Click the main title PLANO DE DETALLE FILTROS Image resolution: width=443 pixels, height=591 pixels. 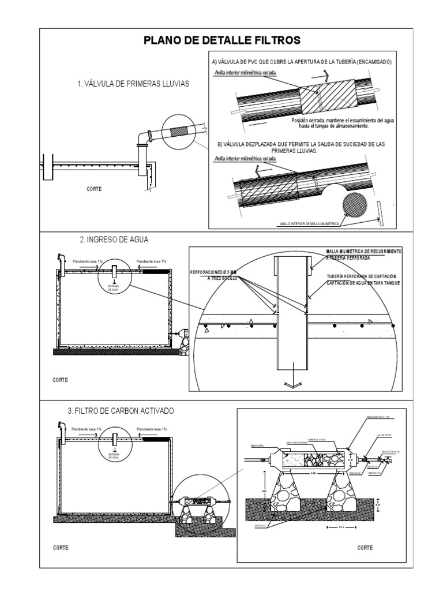[221, 40]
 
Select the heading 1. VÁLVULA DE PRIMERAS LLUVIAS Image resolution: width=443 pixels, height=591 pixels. [133, 84]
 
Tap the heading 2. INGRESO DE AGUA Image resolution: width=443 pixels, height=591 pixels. [110, 240]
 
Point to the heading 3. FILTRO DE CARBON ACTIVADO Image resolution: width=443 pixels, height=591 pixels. [121, 410]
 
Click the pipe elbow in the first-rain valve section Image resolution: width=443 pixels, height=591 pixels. [142, 137]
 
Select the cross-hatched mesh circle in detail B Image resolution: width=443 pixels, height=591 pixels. [355, 206]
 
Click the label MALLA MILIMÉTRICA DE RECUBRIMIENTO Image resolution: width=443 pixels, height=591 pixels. [364, 252]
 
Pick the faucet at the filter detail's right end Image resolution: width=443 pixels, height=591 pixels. [390, 461]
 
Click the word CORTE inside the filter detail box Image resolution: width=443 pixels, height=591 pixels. [365, 547]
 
